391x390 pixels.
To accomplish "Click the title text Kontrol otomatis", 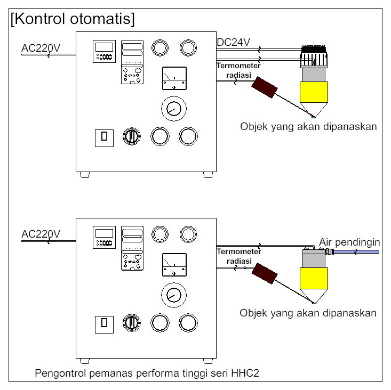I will (x=73, y=19).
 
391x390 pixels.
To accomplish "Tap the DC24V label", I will (x=234, y=43).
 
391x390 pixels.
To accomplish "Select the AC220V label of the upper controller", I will (x=41, y=48).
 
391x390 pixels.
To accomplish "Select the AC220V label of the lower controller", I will (x=41, y=234).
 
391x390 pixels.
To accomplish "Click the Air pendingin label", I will (x=349, y=242).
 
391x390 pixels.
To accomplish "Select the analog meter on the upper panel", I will (x=174, y=79).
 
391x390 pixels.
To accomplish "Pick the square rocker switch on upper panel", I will (x=103, y=137).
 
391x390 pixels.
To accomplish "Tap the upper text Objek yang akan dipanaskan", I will (x=308, y=127).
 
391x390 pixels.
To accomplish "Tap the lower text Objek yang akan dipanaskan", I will (x=308, y=313).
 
